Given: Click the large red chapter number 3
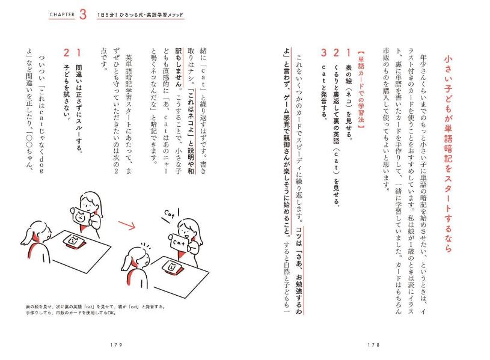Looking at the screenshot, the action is point(83,14).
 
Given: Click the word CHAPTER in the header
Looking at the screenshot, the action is point(62,14).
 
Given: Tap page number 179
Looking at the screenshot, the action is point(116,345).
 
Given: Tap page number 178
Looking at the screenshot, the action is point(373,345).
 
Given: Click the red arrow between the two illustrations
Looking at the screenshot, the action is point(127,225).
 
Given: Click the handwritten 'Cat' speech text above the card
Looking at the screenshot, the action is point(170,215).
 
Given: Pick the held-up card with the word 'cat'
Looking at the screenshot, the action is point(179,242).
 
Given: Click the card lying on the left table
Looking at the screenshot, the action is point(74,241).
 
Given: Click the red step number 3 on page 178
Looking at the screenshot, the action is point(323,52).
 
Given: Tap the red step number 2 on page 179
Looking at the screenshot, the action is point(66,52).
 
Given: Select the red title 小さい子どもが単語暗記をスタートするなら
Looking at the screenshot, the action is point(448,154).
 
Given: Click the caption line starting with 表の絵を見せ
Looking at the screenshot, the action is point(96,307).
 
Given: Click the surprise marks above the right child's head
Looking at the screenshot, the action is point(146,245).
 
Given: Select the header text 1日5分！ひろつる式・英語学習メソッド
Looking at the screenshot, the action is point(140,14).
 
